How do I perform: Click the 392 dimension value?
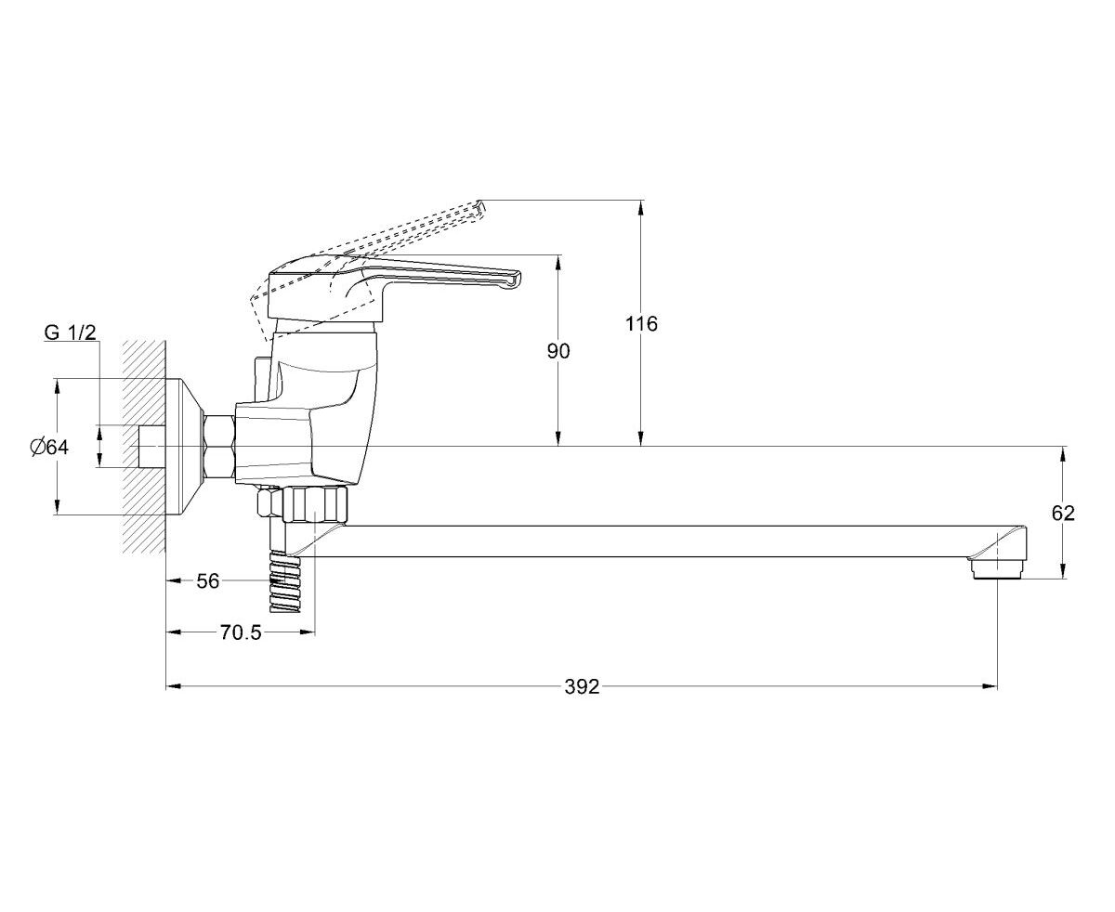coord(582,687)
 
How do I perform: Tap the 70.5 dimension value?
coord(241,632)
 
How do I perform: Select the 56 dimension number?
coord(207,581)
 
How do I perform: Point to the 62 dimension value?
coord(1063,513)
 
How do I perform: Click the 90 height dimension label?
coord(558,351)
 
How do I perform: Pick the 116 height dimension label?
coord(641,323)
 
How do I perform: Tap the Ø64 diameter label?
coord(49,447)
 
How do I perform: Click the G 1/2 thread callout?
coord(71,332)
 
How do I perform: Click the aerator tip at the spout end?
coord(997,570)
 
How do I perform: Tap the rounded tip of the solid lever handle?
coord(515,280)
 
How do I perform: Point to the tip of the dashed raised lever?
coord(480,208)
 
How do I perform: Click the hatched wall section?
coord(144,447)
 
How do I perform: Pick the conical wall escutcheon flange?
coord(185,447)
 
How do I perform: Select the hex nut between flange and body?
coord(219,447)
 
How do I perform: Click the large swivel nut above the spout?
coord(316,504)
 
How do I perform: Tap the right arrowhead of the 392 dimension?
coord(990,686)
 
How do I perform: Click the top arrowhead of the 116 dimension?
coord(641,207)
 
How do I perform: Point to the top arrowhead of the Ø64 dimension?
coord(57,386)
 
